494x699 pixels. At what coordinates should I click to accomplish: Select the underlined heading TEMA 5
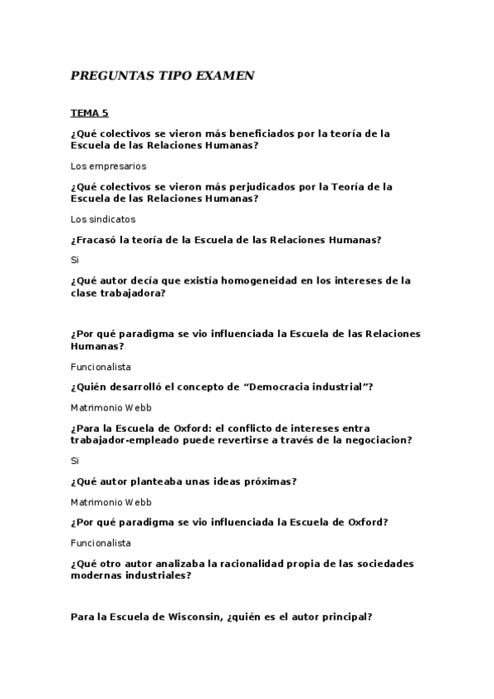pyautogui.click(x=90, y=113)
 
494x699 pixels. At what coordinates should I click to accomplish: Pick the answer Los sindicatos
pyautogui.click(x=103, y=219)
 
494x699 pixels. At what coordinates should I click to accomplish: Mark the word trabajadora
pyautogui.click(x=133, y=293)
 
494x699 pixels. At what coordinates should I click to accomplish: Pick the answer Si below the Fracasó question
pyautogui.click(x=75, y=260)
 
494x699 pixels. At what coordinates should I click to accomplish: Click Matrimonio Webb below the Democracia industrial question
pyautogui.click(x=111, y=408)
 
